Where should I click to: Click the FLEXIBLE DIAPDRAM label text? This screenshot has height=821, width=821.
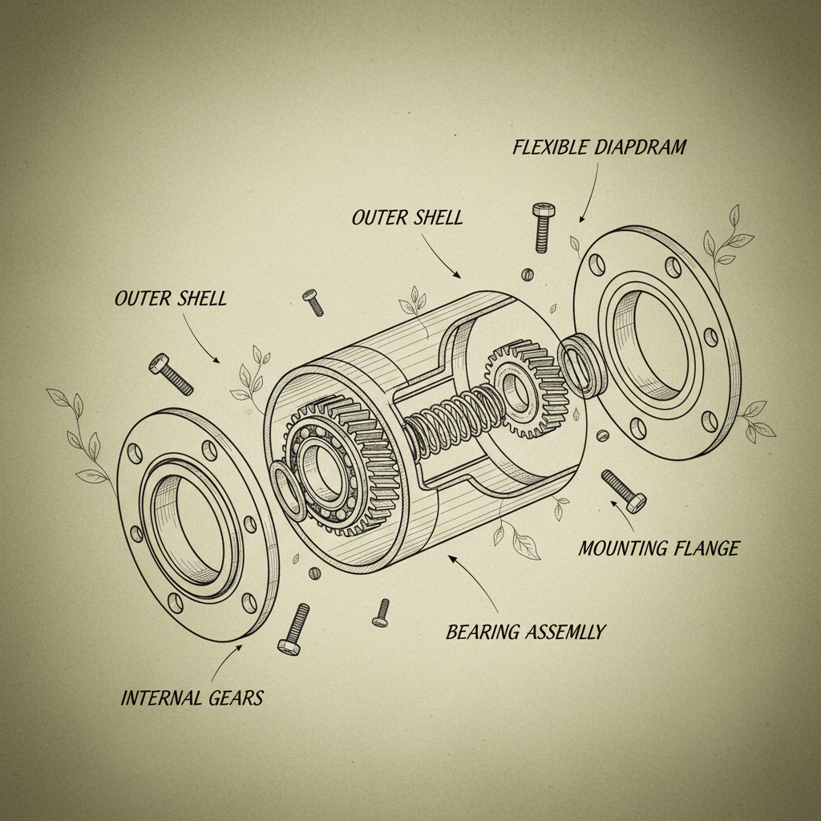click(x=599, y=148)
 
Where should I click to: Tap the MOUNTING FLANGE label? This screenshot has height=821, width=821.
click(x=658, y=549)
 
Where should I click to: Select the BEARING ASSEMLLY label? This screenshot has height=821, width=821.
click(x=525, y=632)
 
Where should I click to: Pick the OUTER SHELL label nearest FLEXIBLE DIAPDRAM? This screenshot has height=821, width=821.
click(x=406, y=217)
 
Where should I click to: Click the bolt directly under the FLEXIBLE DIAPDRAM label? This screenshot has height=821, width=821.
click(x=543, y=225)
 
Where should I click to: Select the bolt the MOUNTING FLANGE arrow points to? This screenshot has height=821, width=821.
click(x=623, y=490)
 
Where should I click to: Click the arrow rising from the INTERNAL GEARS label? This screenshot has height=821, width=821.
click(x=225, y=661)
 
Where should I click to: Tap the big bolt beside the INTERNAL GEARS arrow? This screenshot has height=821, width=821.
click(x=293, y=629)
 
